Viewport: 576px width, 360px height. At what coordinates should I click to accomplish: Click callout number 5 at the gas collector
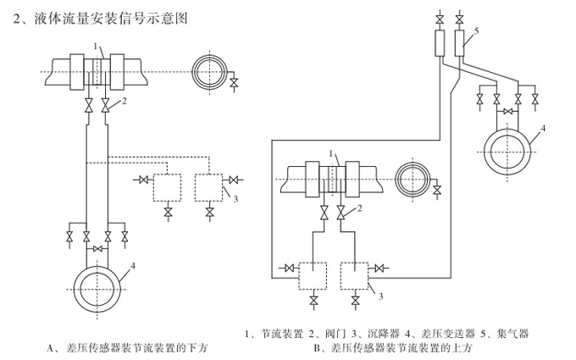pyautogui.click(x=477, y=30)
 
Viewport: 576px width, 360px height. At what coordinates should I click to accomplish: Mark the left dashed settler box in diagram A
pyautogui.click(x=169, y=186)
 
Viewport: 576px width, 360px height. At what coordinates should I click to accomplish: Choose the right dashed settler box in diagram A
pyautogui.click(x=210, y=186)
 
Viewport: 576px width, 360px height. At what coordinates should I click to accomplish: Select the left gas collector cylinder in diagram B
pyautogui.click(x=440, y=43)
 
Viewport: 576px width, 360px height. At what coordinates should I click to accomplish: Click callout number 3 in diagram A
pyautogui.click(x=236, y=200)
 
